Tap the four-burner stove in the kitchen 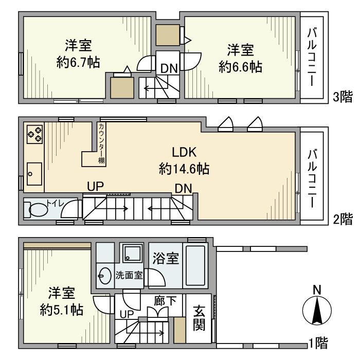tap(34, 134)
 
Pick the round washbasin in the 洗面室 tap(104, 276)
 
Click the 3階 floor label tap(343, 97)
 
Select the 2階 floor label tap(343, 220)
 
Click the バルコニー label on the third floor tap(312, 57)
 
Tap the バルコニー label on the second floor tap(312, 178)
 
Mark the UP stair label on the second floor tap(95, 187)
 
